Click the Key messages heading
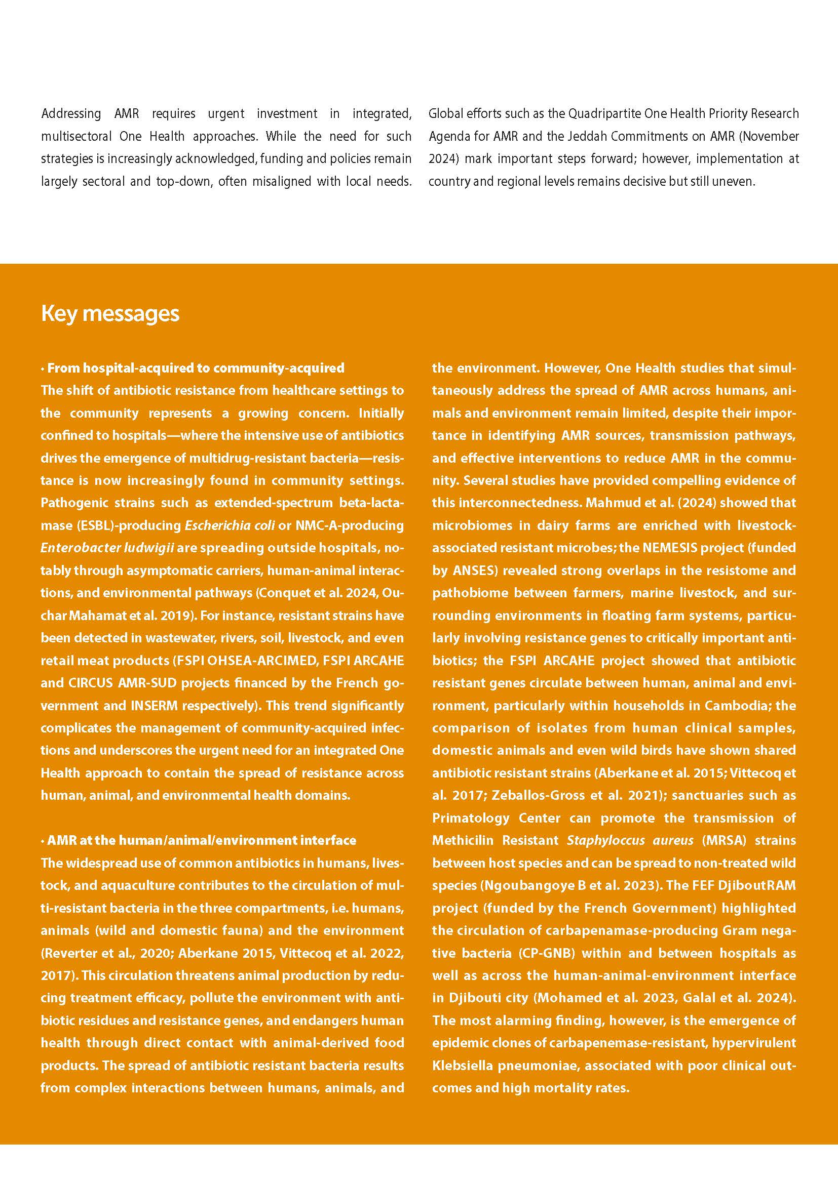point(110,313)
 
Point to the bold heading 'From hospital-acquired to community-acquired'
point(196,368)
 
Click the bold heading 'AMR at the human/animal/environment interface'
point(201,840)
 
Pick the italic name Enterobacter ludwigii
point(107,548)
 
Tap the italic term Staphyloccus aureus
point(630,840)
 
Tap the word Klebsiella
point(463,1066)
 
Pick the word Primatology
point(471,818)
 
